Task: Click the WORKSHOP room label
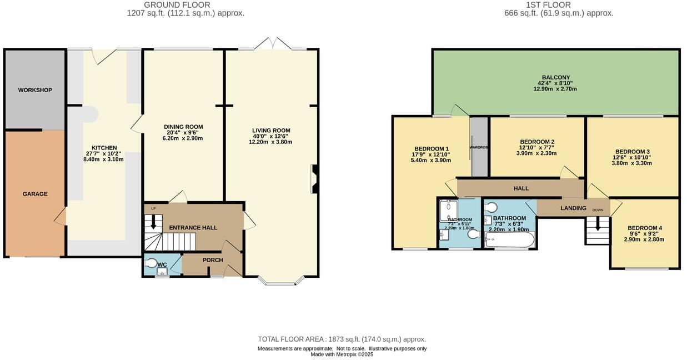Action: (35, 90)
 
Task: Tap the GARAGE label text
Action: (35, 194)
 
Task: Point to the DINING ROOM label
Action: (183, 127)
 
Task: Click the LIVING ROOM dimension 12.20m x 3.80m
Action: (270, 142)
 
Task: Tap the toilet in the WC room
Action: (151, 264)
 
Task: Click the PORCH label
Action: (212, 260)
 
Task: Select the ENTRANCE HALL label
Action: (193, 228)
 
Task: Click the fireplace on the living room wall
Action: (315, 179)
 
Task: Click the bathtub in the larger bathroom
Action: (509, 240)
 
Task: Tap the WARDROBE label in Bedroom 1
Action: (479, 147)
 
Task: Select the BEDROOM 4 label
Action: (644, 228)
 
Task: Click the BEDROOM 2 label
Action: (536, 142)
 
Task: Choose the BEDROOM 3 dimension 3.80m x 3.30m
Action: (632, 164)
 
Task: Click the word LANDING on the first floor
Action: (573, 208)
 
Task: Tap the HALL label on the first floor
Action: (521, 188)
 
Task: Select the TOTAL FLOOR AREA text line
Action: (342, 339)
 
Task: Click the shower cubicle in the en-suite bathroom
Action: (448, 209)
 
